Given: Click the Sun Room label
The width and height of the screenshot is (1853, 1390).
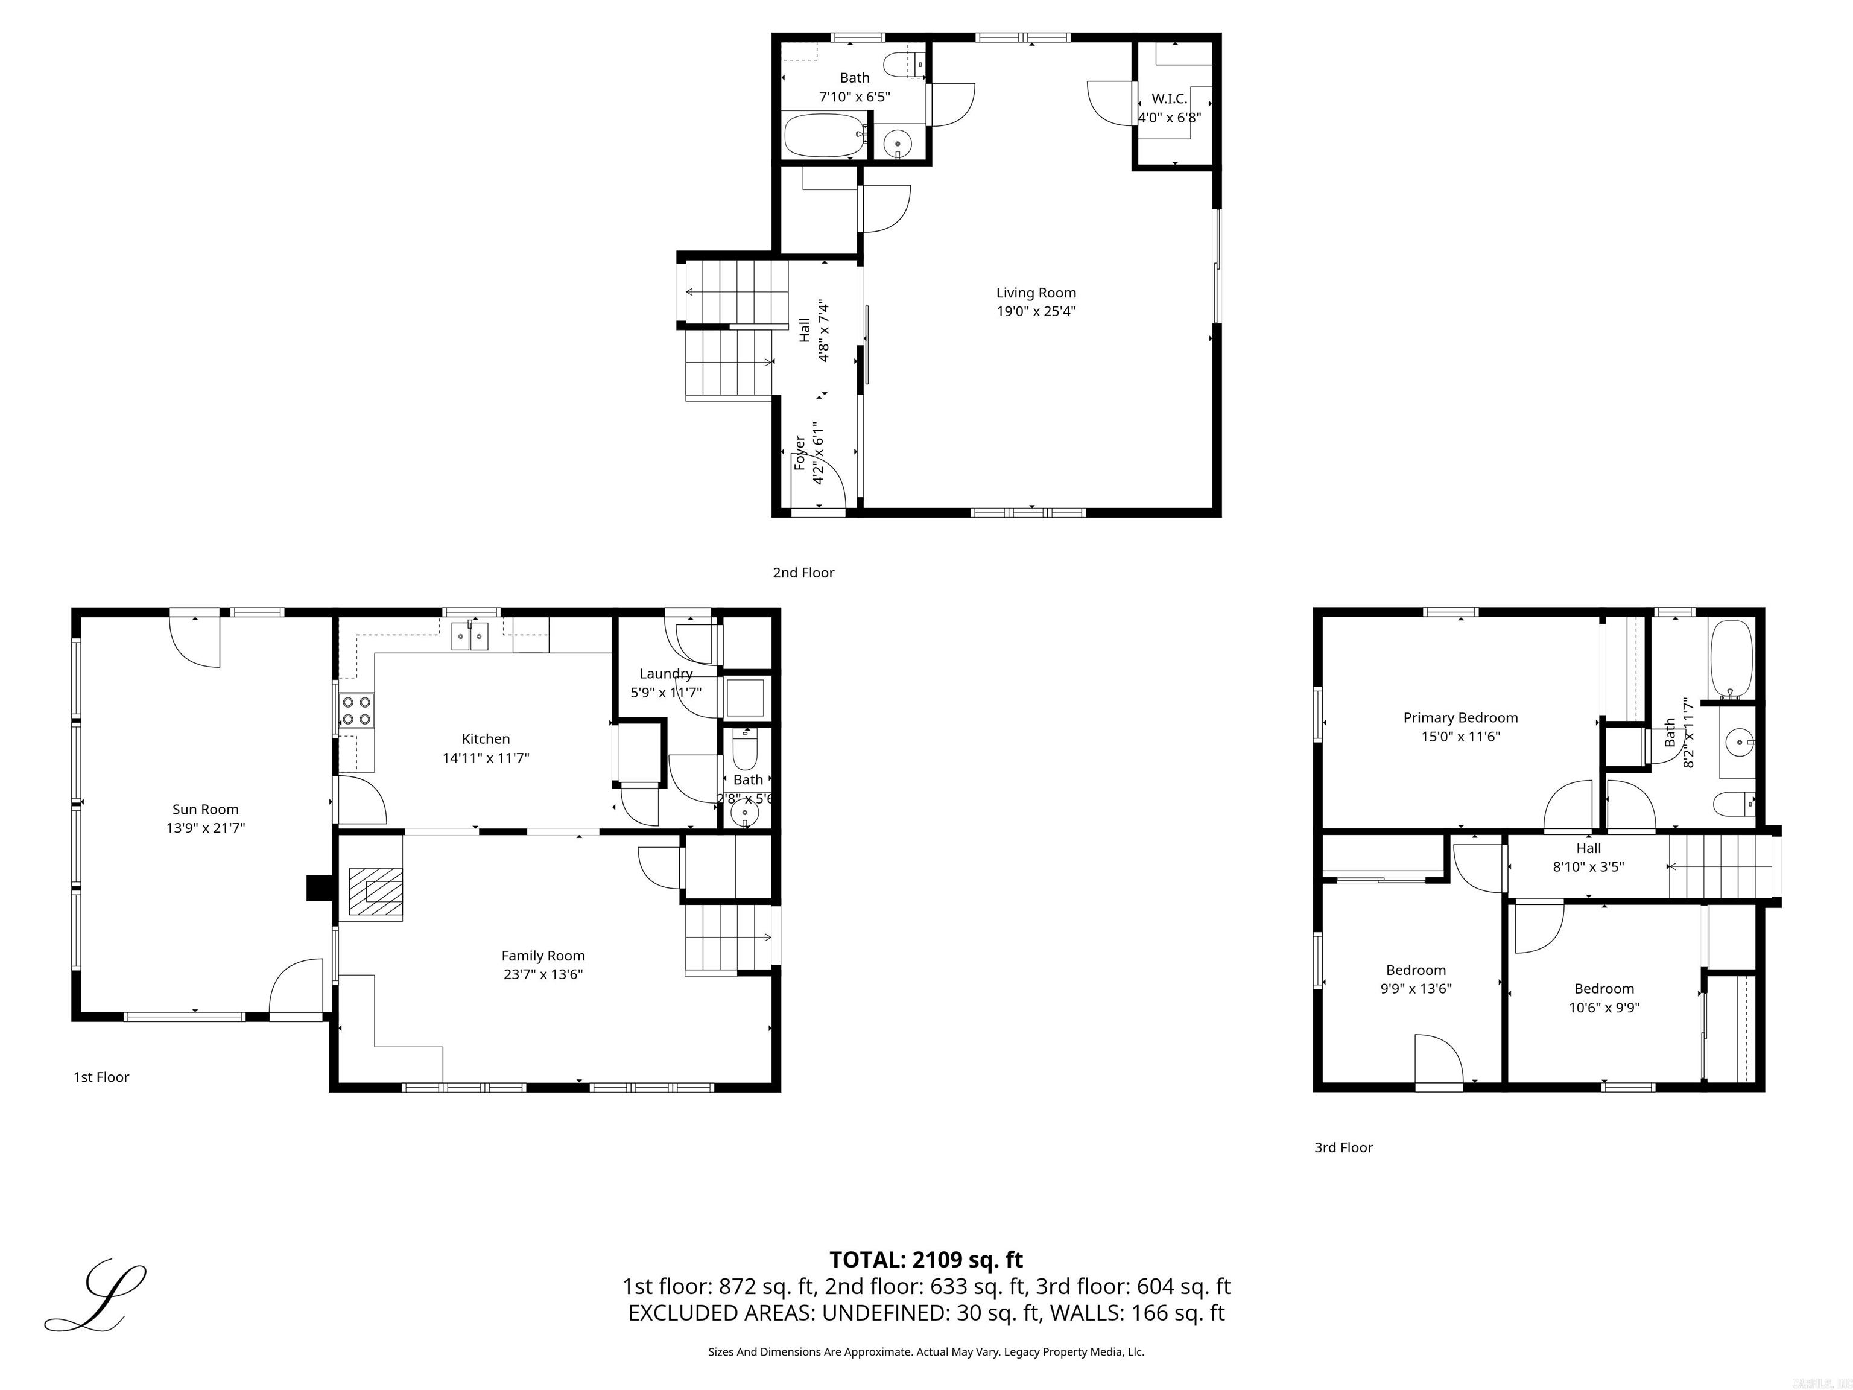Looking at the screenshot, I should (205, 810).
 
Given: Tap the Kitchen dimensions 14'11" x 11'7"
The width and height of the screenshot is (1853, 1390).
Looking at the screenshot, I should (486, 757).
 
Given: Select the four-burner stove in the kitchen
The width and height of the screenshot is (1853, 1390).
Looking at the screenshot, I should (357, 711).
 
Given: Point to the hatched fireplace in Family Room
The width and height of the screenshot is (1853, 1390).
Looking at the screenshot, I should (375, 893).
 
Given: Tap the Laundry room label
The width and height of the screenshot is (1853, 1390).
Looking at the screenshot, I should (666, 674).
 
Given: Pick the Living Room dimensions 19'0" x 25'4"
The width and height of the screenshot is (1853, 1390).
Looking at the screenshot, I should (1036, 311).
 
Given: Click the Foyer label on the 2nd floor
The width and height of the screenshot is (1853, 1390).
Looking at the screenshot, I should (800, 452).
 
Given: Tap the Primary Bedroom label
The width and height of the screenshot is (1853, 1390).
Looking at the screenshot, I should (1460, 717).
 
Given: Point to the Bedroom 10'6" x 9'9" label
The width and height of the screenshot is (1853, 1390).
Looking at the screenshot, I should (1603, 989).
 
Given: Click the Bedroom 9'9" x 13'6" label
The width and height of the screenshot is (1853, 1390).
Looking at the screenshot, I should (1416, 970).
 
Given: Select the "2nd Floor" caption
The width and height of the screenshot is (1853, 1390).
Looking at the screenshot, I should (803, 573).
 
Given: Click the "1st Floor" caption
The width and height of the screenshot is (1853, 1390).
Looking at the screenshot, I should (101, 1077).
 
